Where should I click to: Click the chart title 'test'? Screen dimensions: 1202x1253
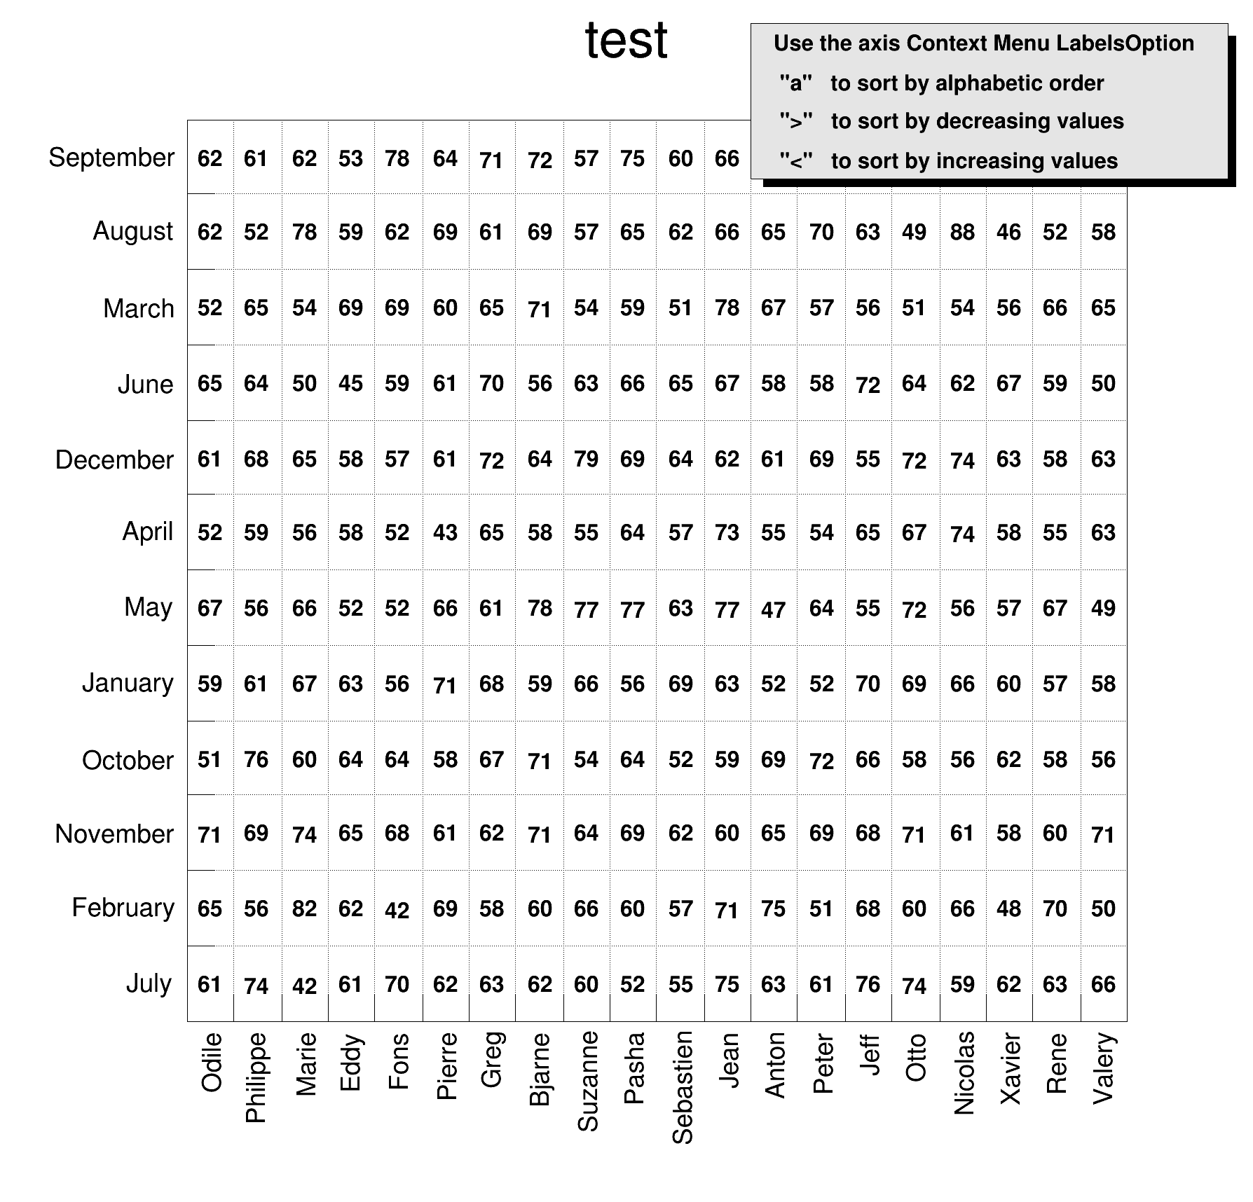pyautogui.click(x=626, y=41)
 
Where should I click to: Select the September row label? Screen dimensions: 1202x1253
pyautogui.click(x=111, y=158)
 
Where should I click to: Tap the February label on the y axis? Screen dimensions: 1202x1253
pyautogui.click(x=123, y=908)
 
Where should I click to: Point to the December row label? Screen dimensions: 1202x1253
pyautogui.click(x=114, y=460)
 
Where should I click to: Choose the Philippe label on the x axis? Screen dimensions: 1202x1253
pyautogui.click(x=256, y=1077)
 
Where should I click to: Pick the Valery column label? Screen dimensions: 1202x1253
pyautogui.click(x=1103, y=1068)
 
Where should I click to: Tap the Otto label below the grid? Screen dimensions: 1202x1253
pyautogui.click(x=915, y=1058)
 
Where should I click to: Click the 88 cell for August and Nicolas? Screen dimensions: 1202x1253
pyautogui.click(x=962, y=232)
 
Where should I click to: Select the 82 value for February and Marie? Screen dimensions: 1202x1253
pyautogui.click(x=304, y=909)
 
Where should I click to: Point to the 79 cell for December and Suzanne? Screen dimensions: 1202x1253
pyautogui.click(x=586, y=460)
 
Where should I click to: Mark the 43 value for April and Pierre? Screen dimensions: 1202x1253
pyautogui.click(x=445, y=532)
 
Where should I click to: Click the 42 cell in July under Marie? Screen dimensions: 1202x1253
pyautogui.click(x=304, y=986)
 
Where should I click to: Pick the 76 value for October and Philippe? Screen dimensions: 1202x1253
pyautogui.click(x=256, y=760)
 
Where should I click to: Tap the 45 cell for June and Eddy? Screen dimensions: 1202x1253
pyautogui.click(x=350, y=384)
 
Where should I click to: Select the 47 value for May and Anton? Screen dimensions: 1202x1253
pyautogui.click(x=773, y=609)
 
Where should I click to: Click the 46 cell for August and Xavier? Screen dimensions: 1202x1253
pyautogui.click(x=1008, y=232)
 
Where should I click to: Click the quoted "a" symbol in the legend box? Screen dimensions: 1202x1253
pyautogui.click(x=796, y=83)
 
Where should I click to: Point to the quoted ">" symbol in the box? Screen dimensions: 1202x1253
pyautogui.click(x=796, y=121)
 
